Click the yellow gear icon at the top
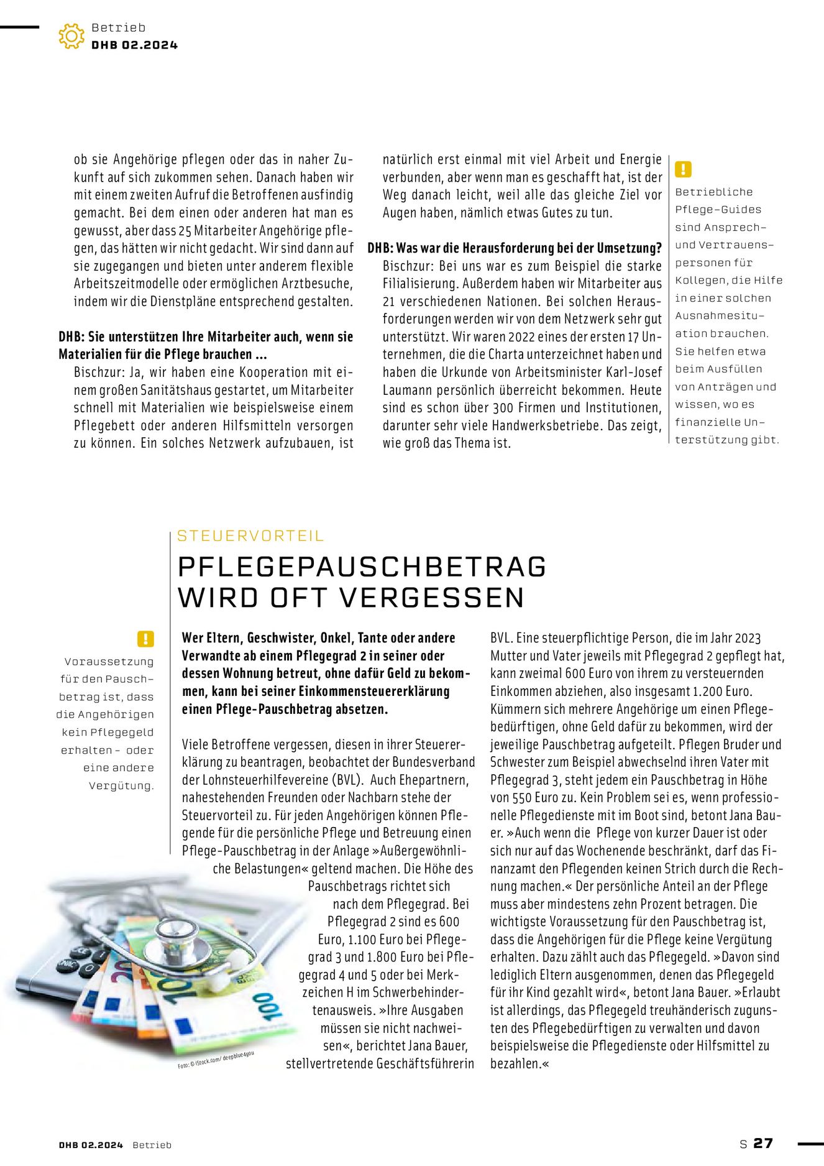71,36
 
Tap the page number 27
762,1143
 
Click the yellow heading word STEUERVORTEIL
250,535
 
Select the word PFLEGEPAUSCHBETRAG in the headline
362,567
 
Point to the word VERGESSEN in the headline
432,598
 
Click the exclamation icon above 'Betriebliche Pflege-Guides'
683,169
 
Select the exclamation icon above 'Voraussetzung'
145,639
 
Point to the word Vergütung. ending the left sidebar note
121,785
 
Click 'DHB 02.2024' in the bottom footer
91,1145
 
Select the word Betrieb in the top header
118,27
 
